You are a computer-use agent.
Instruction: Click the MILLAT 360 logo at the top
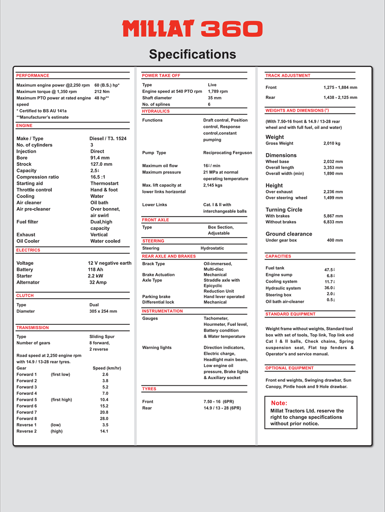point(192,29)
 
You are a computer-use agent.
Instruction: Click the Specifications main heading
point(192,54)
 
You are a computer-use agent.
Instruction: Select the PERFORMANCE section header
point(32,76)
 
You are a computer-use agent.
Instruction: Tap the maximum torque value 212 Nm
point(102,92)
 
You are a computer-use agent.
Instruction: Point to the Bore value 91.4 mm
point(100,158)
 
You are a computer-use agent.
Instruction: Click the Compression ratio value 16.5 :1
point(102,177)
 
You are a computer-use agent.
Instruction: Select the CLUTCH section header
point(25,295)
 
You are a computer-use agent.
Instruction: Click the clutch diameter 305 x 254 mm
point(103,311)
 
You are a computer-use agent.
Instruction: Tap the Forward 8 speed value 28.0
point(104,418)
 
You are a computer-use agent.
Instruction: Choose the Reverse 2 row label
point(27,431)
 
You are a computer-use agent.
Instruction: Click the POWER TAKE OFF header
point(161,76)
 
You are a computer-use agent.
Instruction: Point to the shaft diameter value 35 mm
point(215,98)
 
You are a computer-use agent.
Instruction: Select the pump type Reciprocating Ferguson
point(228,153)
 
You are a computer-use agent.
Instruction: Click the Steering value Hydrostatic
point(213,248)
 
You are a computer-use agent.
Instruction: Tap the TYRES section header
point(149,389)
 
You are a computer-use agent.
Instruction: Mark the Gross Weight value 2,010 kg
point(332,144)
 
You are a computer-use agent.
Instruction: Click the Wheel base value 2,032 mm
point(333,161)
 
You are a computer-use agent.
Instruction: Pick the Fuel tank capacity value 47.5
point(329,270)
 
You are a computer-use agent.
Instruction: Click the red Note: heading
point(279,403)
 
